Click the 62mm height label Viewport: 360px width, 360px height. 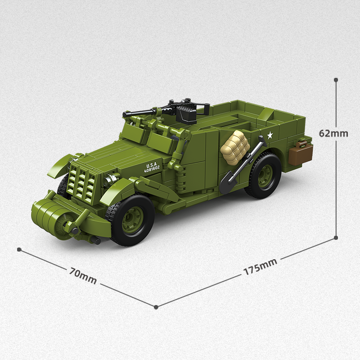(333, 133)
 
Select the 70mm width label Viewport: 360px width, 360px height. (83, 275)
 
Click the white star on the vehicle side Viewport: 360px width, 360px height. (270, 135)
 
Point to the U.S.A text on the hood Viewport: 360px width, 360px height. (151, 165)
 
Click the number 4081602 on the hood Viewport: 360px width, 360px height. (152, 170)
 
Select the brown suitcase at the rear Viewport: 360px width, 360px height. (301, 153)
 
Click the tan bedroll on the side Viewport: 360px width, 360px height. (234, 146)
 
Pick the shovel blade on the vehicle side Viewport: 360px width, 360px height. (228, 184)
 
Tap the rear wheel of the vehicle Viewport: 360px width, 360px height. (263, 175)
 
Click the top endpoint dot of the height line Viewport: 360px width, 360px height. (336, 80)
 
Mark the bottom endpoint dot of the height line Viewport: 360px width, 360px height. (336, 238)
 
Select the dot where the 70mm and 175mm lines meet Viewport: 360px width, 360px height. (156, 307)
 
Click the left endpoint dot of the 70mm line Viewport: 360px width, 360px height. (19, 249)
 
